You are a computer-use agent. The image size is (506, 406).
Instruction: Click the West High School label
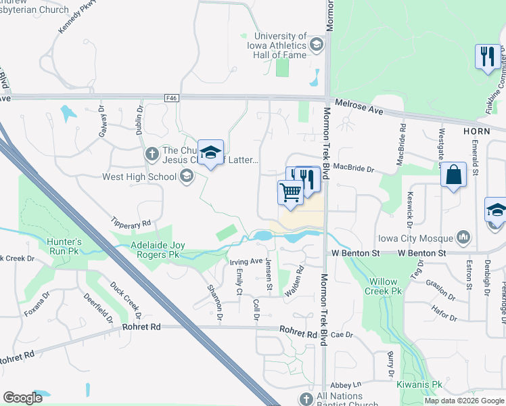point(139,177)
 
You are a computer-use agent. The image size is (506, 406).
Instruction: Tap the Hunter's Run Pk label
point(64,246)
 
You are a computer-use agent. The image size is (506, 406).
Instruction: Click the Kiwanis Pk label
point(419,384)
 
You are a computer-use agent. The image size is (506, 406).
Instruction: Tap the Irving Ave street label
point(246,261)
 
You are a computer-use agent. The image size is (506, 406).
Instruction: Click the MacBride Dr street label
point(354,166)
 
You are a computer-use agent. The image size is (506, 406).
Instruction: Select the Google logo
point(23,398)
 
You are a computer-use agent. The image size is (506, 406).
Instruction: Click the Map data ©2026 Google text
point(464,401)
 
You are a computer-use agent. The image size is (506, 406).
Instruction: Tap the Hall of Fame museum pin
point(315,45)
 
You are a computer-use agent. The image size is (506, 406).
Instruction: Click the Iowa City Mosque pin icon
point(463,238)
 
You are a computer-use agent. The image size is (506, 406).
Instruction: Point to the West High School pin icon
point(186,177)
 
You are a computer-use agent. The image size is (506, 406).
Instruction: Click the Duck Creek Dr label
point(126,300)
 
